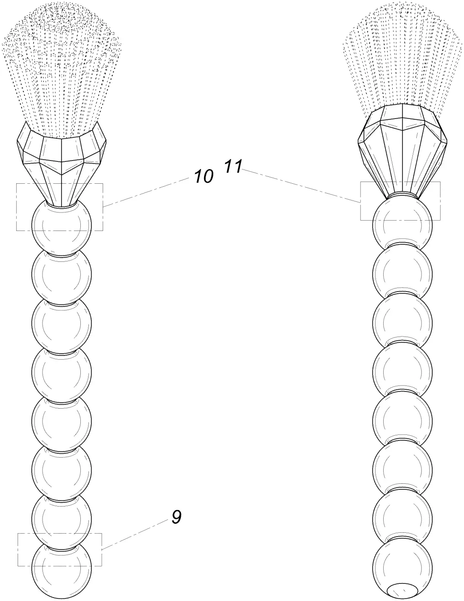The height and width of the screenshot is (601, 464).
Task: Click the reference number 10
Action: click(x=204, y=176)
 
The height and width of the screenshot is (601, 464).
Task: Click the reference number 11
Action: click(x=233, y=166)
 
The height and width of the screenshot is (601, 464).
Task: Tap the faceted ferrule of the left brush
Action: click(x=61, y=163)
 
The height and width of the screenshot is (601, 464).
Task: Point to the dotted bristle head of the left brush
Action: click(x=61, y=69)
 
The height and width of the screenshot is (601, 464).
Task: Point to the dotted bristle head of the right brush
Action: click(x=403, y=55)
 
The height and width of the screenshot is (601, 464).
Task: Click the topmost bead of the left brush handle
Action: click(x=61, y=226)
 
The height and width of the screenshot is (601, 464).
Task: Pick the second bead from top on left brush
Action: click(x=61, y=275)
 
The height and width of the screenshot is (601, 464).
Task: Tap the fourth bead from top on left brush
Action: click(x=61, y=372)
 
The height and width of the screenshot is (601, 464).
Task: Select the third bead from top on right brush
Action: click(x=403, y=323)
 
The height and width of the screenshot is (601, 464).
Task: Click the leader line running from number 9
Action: click(x=135, y=534)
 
